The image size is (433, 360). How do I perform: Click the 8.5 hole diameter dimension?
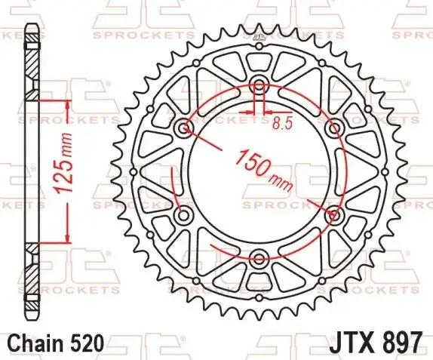pos(282,124)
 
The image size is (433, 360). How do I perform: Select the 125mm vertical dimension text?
pos(63,163)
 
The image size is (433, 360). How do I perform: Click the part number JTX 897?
pos(376,343)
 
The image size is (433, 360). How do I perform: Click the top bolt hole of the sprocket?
pos(259,85)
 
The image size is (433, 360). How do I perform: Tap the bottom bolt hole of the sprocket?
pos(259,259)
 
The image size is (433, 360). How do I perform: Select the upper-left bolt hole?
pos(183,128)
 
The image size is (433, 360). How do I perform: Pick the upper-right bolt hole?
pos(334,128)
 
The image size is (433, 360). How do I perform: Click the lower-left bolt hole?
pos(183,215)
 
